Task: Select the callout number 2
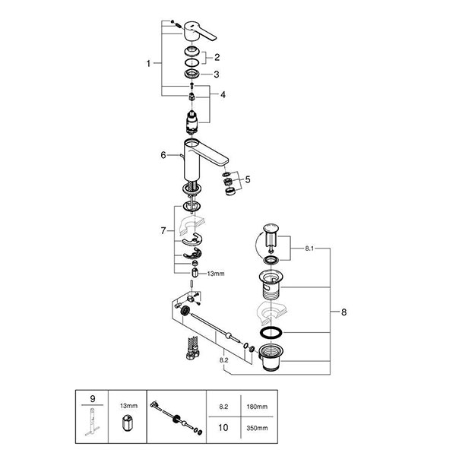tap(217, 57)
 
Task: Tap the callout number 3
tap(217, 74)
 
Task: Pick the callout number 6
tap(163, 154)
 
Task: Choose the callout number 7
tap(163, 230)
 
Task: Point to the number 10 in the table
tap(223, 427)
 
